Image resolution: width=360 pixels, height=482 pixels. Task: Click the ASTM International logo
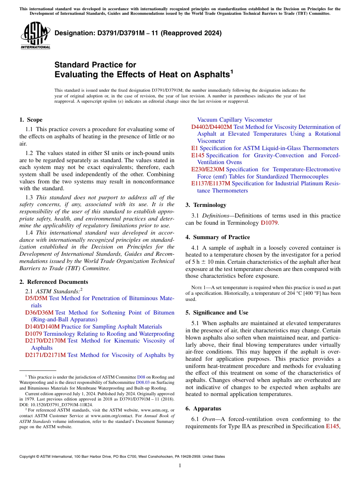[35, 36]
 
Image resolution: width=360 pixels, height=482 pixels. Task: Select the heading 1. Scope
[31, 120]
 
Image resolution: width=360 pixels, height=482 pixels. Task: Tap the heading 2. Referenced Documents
[53, 282]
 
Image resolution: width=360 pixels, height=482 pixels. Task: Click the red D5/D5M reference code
[36, 298]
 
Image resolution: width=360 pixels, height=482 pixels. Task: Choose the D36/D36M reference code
[39, 313]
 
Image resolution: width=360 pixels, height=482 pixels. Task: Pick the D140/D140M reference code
[42, 327]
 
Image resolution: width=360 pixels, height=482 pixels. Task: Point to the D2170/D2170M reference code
[45, 341]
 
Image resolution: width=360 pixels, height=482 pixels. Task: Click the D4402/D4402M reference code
[211, 127]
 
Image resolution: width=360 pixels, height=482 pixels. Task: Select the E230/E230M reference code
[208, 169]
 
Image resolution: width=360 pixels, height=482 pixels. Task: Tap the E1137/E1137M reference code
[210, 183]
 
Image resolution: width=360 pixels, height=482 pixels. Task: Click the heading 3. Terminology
[206, 205]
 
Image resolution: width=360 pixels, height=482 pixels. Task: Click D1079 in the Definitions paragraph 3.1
[269, 223]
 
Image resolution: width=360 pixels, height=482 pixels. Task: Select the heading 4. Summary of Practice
[218, 237]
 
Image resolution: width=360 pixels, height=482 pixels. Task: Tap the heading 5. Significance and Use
[217, 313]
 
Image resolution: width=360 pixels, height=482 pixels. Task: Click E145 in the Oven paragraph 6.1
[333, 426]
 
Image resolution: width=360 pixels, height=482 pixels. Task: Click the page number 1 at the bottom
[180, 465]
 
